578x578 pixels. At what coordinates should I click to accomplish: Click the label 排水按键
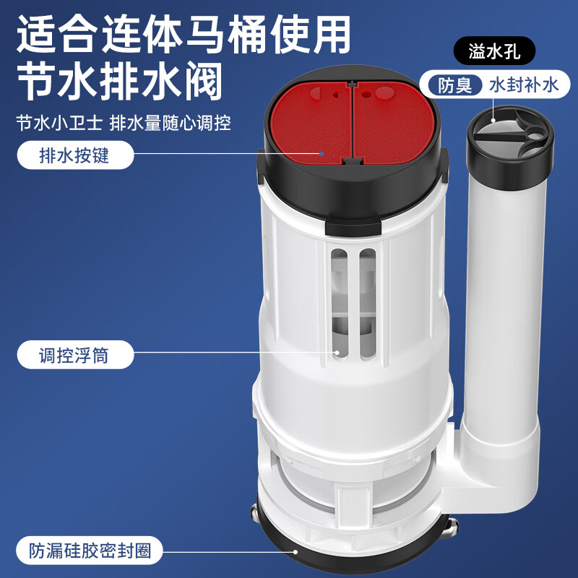click(x=74, y=155)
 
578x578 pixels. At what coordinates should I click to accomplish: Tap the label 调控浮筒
click(x=74, y=355)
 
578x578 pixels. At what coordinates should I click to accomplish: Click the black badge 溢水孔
click(x=496, y=52)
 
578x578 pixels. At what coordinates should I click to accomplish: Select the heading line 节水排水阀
click(x=119, y=81)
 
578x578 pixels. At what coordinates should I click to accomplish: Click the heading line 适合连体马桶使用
click(x=184, y=35)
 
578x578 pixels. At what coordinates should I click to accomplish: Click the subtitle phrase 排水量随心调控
click(x=171, y=122)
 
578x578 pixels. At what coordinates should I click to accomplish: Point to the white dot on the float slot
click(x=336, y=353)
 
